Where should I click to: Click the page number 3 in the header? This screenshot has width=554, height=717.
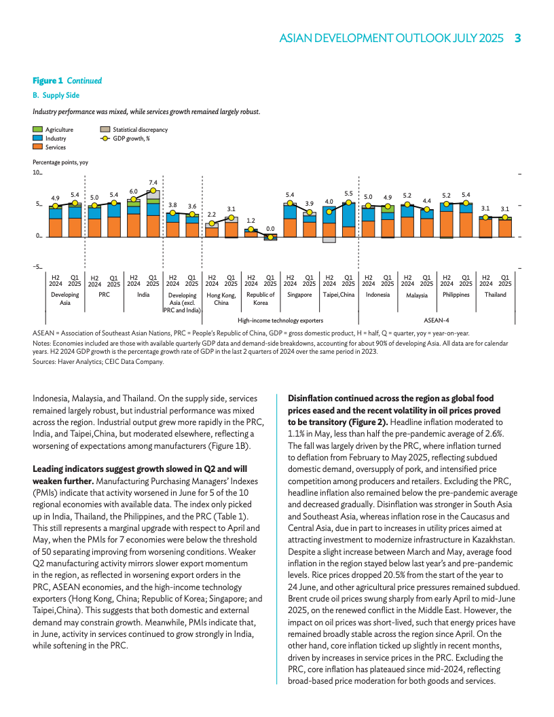(517, 38)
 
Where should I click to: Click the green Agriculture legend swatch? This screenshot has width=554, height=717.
(38, 129)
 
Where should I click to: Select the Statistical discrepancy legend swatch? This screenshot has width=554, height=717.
(105, 129)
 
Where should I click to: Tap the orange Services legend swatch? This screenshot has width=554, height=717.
(38, 147)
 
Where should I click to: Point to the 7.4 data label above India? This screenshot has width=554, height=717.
(153, 183)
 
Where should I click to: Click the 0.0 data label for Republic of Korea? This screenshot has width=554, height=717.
(270, 229)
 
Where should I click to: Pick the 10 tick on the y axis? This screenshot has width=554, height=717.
(37, 174)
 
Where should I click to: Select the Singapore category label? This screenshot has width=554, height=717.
(299, 295)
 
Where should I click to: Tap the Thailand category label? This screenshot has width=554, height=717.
(495, 295)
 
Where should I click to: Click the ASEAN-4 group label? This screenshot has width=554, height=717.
(437, 319)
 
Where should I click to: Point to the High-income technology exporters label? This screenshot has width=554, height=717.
(280, 319)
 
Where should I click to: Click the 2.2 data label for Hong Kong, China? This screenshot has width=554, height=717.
(212, 215)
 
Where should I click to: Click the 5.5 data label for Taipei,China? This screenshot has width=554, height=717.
(349, 194)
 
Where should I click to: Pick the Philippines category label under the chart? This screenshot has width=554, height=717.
(456, 295)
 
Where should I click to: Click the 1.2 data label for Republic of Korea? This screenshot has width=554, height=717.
(251, 221)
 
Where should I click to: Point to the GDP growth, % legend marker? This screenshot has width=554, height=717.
(105, 138)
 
